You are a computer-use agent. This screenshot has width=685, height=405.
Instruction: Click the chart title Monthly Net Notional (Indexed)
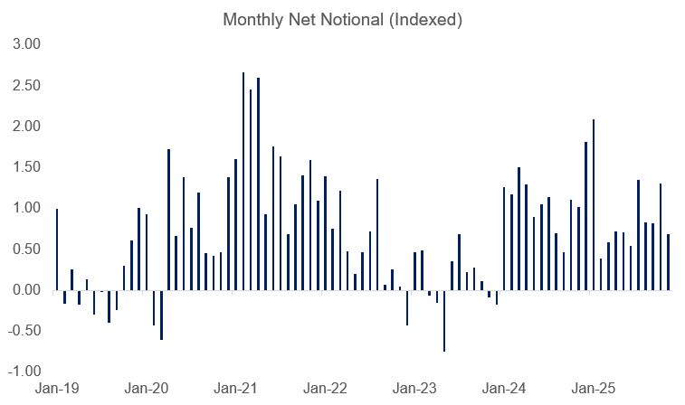coord(342,20)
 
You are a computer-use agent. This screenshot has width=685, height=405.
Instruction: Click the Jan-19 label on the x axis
coord(56,389)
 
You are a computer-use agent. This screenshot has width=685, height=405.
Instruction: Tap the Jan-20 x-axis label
coord(146,389)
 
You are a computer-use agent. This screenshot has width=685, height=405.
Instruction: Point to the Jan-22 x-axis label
coord(325,389)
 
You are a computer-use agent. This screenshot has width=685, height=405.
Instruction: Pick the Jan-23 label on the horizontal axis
coord(414,389)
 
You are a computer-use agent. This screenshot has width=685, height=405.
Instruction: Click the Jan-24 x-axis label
coord(504,389)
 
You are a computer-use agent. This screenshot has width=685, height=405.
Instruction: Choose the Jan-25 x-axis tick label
coord(594,389)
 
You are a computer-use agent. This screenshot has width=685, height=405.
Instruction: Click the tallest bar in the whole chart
coord(243,181)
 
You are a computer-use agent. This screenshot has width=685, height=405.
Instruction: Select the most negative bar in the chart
coord(444,320)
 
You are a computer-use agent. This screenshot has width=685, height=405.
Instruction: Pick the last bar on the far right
coord(668,262)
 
